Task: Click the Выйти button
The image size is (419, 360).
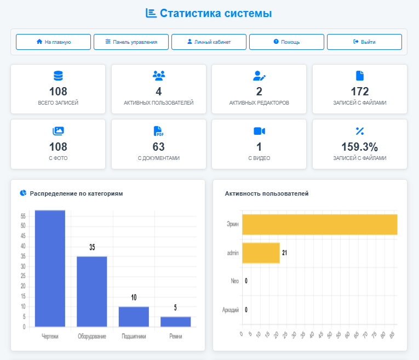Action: (x=364, y=42)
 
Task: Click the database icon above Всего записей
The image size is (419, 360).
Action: (x=58, y=76)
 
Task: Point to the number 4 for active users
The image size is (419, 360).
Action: (x=158, y=92)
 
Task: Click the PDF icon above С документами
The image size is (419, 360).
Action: (x=159, y=131)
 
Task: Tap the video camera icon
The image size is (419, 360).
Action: (x=259, y=131)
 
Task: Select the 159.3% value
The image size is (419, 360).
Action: (x=359, y=146)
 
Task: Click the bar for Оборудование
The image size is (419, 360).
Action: (x=92, y=291)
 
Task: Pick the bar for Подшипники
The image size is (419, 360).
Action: (x=134, y=317)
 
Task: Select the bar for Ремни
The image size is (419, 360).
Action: (x=175, y=322)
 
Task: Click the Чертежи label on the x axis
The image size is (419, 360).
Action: (x=50, y=336)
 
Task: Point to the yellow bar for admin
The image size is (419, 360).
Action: (x=261, y=253)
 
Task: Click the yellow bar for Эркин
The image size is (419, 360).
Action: (x=319, y=224)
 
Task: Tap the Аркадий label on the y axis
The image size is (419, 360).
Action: (x=231, y=310)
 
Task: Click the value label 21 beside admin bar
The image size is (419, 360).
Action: (x=285, y=253)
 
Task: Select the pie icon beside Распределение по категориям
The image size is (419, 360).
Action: (x=24, y=193)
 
